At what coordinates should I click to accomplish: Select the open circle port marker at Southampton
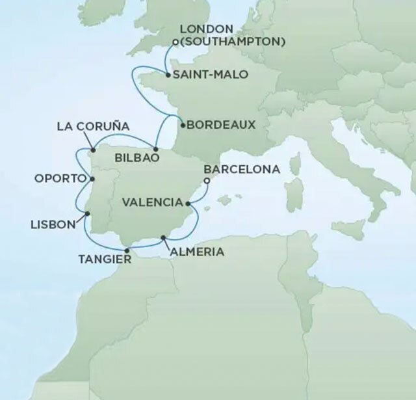(175, 43)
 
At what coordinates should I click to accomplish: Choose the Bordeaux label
(218, 125)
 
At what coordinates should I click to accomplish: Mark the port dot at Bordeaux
(181, 125)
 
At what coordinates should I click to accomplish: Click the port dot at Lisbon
(87, 213)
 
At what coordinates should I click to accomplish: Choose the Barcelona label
(242, 169)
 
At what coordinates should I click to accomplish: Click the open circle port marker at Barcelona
(207, 181)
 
